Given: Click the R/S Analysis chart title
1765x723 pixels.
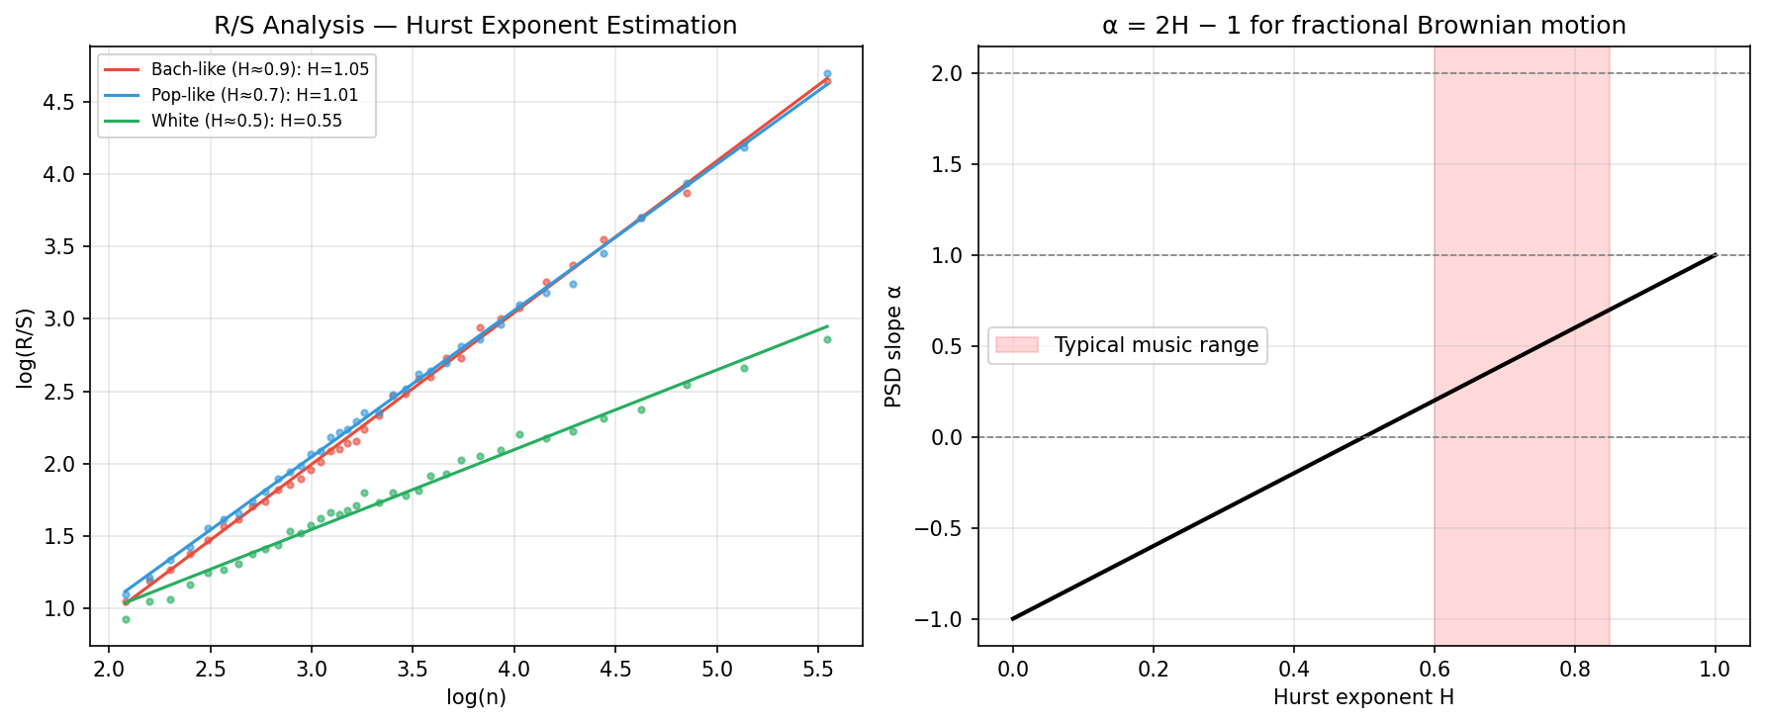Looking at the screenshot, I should [475, 26].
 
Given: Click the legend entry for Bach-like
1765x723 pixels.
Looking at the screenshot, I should [259, 69].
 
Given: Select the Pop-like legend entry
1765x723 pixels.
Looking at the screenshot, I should [254, 96].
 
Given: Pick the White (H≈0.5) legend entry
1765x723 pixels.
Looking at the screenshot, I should [246, 122].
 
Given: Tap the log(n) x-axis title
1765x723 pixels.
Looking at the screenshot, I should [476, 697].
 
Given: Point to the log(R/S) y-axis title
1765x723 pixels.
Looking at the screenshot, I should [26, 347].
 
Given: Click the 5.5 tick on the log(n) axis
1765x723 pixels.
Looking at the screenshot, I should [817, 670].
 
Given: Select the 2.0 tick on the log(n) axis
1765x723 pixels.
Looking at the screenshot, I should [109, 670].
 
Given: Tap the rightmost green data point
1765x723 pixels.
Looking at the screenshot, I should [827, 339].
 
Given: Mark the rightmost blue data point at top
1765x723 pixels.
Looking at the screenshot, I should [827, 73].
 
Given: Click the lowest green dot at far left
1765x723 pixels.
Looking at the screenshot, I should [126, 619].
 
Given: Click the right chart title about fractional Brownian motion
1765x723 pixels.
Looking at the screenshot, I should [1363, 26].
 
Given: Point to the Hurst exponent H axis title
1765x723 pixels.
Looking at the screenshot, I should [1363, 697].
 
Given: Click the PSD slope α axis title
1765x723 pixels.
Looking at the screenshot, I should [894, 347].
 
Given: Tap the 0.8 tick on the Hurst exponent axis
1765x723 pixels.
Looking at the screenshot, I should [1574, 670].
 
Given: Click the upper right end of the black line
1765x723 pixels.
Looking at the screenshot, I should [1715, 255].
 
